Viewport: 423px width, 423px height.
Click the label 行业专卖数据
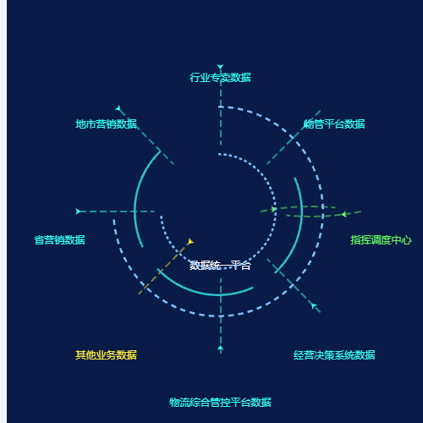(220, 78)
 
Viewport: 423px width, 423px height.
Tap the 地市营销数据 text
(106, 124)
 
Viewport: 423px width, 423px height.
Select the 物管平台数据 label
(334, 124)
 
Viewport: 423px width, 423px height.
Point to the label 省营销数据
(59, 240)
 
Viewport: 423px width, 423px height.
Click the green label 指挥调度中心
(381, 240)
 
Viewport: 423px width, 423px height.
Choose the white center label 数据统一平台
(220, 266)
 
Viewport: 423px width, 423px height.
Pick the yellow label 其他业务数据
(106, 355)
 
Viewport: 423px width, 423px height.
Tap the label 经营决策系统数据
(334, 355)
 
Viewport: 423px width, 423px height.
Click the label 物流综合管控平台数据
(220, 403)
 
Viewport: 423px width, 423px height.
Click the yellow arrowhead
(190, 242)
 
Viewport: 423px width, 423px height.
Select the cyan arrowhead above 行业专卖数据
(220, 67)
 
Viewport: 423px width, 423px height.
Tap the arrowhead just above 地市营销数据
(118, 108)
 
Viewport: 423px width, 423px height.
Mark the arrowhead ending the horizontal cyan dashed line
(78, 211)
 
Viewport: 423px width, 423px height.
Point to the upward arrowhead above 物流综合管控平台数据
(221, 349)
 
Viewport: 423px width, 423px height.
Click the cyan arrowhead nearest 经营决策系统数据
(314, 305)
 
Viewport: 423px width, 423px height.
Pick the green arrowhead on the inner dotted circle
(273, 209)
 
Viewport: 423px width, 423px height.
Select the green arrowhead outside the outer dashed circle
(344, 214)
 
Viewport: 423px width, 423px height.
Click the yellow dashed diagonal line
(165, 268)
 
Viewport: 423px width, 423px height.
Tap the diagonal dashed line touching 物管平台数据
(294, 137)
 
